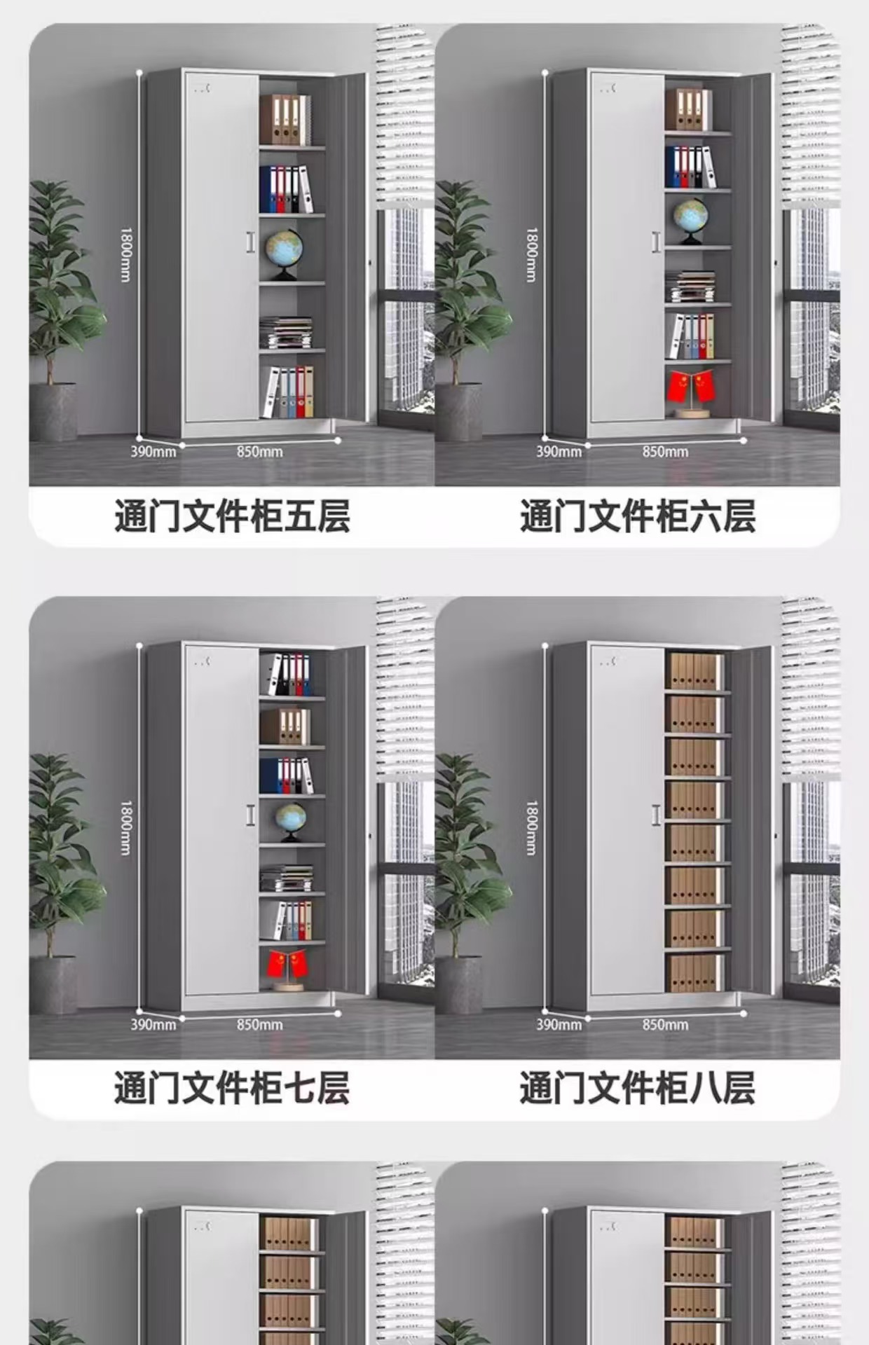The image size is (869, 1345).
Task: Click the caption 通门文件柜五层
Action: click(x=232, y=517)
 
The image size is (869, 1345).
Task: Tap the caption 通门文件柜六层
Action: click(x=637, y=517)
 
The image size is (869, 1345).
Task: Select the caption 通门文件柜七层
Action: click(x=232, y=1088)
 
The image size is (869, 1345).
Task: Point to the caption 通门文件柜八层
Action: click(x=637, y=1088)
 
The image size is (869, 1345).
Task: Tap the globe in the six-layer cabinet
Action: click(x=691, y=219)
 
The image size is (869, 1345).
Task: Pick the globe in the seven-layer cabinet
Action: click(x=291, y=820)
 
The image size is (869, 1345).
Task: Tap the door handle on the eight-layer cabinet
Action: click(x=656, y=815)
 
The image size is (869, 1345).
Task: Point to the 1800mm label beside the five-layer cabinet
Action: click(x=125, y=254)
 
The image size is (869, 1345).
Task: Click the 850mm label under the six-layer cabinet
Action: click(x=665, y=452)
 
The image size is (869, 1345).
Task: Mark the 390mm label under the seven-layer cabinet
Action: click(x=153, y=1024)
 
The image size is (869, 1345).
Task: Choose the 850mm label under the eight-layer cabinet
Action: click(x=665, y=1024)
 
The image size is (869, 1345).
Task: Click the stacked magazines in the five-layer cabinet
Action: click(x=286, y=333)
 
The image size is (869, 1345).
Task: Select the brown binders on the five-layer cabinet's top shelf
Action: click(x=285, y=120)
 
